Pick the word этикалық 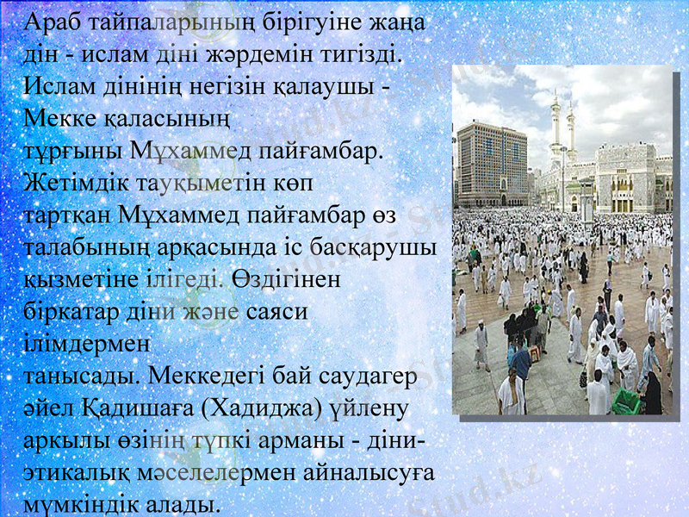(x=79, y=472)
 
